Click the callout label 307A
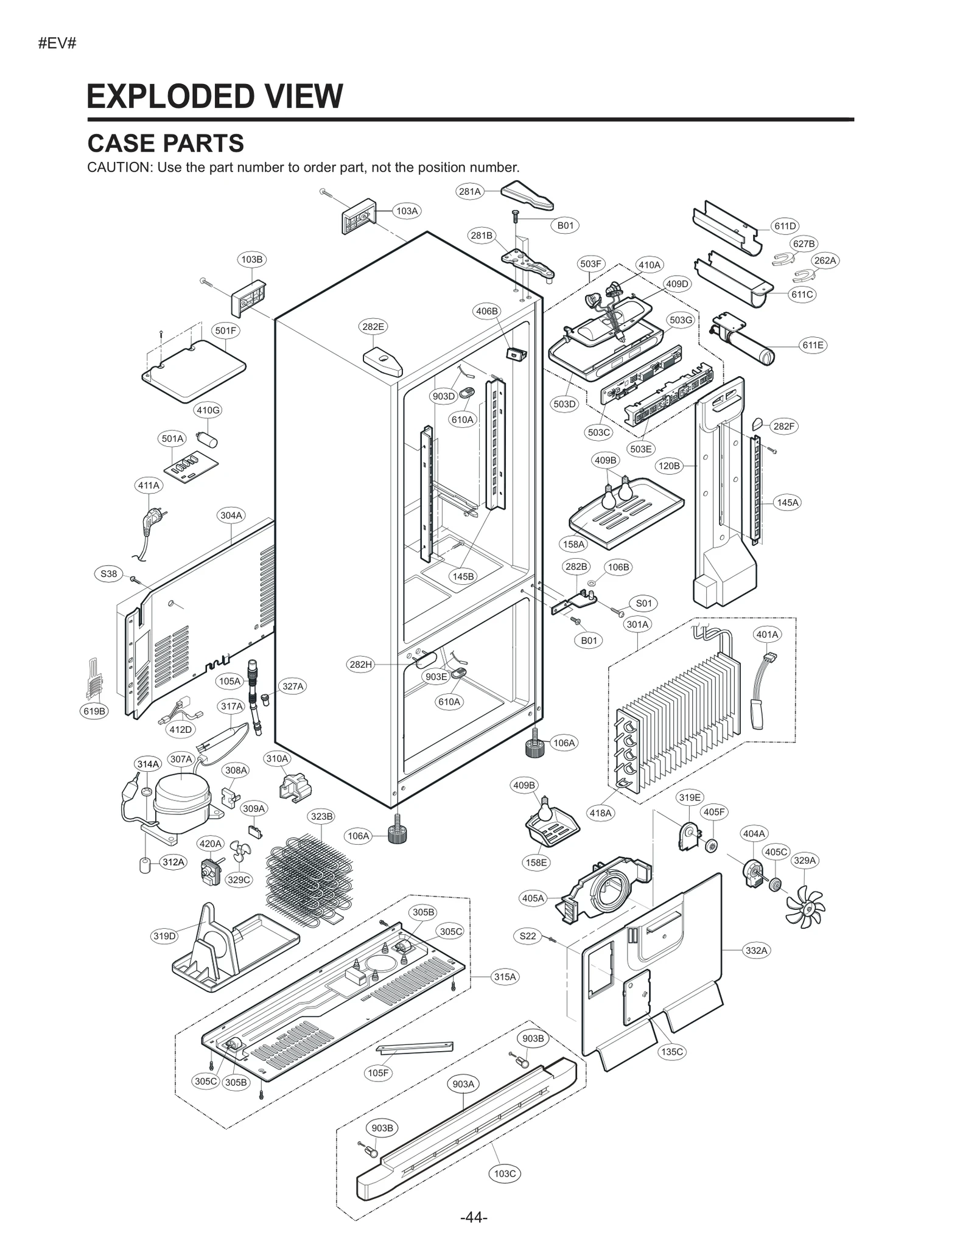[181, 759]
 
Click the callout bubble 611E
[813, 345]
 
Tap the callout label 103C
[505, 1173]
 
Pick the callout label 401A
[767, 634]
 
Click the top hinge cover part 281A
[527, 193]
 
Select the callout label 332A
[756, 950]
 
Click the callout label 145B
[463, 576]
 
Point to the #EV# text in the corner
[57, 44]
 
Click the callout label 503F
[590, 264]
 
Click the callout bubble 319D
[164, 936]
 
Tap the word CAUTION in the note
[119, 167]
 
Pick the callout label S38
[108, 573]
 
